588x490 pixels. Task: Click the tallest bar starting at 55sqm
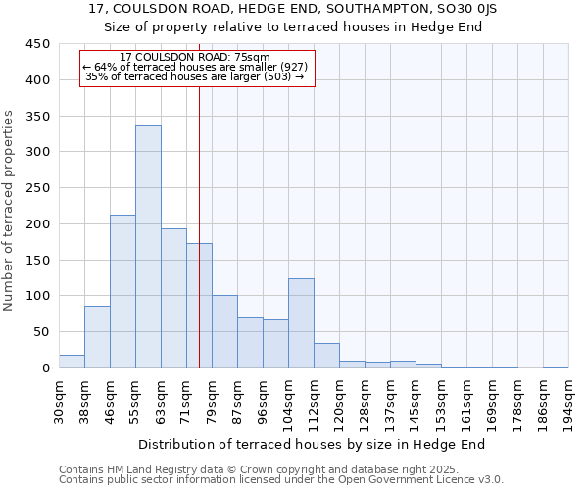(x=148, y=247)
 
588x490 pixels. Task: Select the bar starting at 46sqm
(x=122, y=291)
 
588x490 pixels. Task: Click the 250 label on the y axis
(x=38, y=188)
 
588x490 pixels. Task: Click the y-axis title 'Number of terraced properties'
(x=9, y=211)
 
